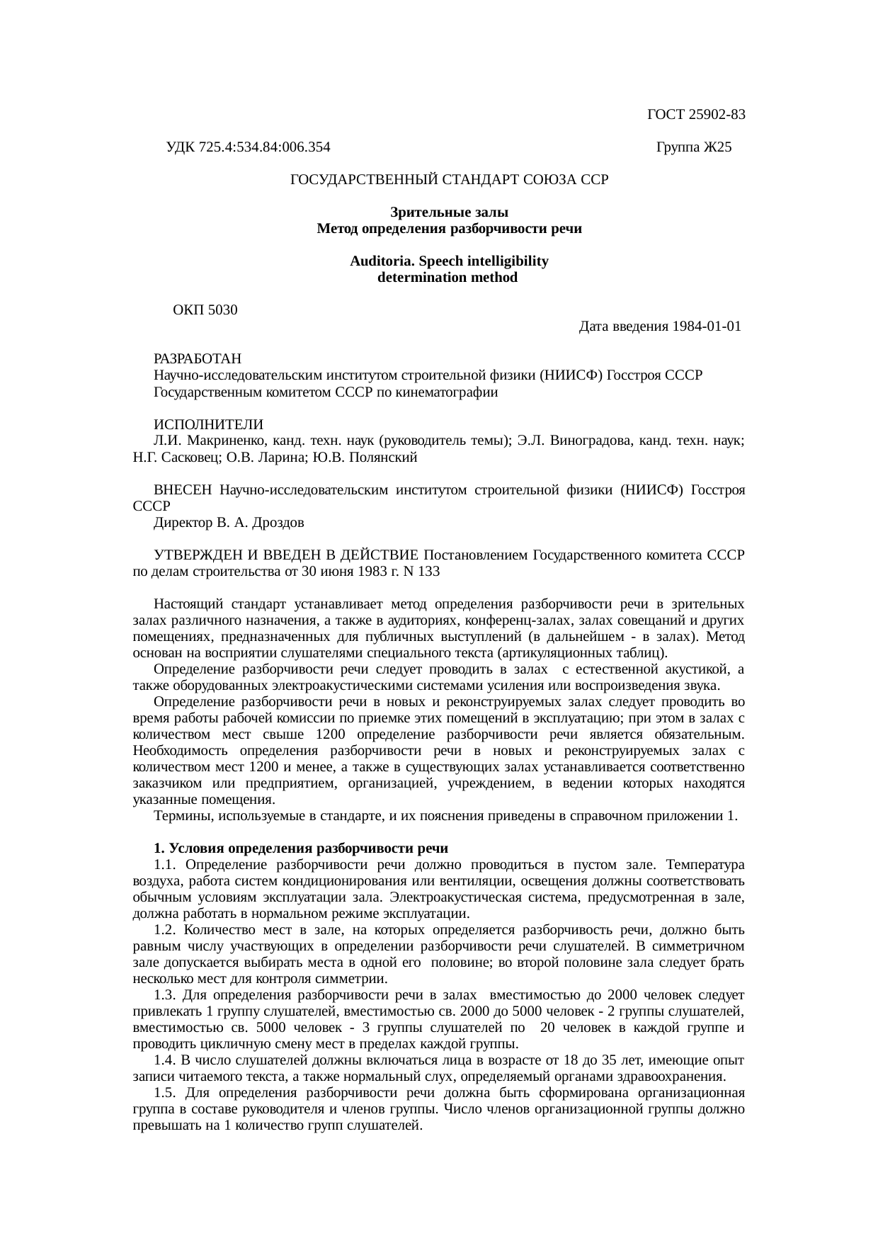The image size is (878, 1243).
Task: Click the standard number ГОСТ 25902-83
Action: [x=696, y=115]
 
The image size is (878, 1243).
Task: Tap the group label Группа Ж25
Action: [x=694, y=147]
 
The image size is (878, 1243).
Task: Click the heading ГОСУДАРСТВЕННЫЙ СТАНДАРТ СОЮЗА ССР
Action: [x=449, y=180]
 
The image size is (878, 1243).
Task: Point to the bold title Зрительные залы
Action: [x=449, y=212]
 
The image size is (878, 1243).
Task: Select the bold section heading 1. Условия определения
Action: [x=301, y=848]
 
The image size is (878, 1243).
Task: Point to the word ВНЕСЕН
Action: [x=183, y=490]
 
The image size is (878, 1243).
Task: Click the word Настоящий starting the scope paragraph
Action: [x=184, y=604]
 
